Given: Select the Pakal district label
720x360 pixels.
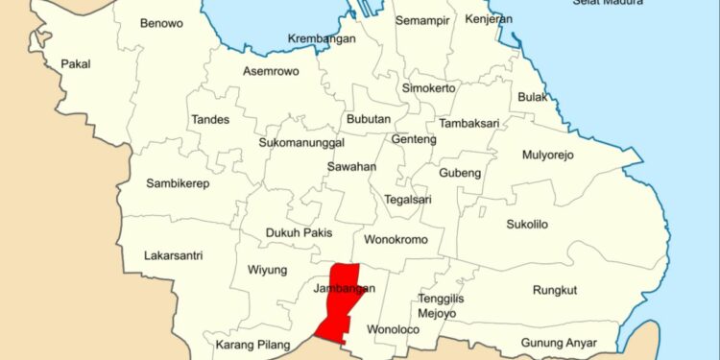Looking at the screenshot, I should [x=75, y=64].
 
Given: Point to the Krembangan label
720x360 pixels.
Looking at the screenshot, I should [x=322, y=39].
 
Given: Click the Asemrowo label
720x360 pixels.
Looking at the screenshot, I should [x=270, y=71].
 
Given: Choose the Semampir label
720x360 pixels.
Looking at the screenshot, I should [x=422, y=20].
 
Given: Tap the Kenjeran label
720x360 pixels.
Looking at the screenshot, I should [x=488, y=19].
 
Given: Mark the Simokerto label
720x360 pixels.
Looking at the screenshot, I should [x=428, y=87].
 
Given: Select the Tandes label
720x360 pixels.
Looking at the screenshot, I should [x=209, y=120].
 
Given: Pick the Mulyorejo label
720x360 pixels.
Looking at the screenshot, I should [x=547, y=155].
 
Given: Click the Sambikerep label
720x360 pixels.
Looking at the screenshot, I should [x=178, y=183].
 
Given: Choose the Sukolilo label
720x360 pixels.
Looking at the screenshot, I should [x=527, y=225].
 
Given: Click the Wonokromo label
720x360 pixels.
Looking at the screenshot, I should [x=395, y=238].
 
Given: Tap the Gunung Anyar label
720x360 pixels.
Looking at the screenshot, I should [x=559, y=343].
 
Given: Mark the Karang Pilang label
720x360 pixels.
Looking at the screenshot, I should [x=251, y=345].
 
